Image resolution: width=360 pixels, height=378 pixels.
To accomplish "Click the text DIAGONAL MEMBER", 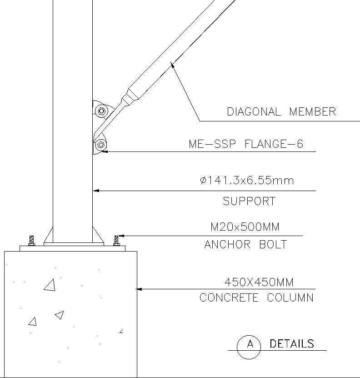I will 281,111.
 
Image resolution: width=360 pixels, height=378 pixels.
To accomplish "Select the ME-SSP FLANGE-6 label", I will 246,144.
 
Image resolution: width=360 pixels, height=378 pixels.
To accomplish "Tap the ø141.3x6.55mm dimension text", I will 247,181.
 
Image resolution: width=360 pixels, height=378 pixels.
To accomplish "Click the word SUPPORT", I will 249,201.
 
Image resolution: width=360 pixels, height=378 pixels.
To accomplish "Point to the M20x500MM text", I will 245,227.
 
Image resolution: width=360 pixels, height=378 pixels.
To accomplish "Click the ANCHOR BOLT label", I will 245,244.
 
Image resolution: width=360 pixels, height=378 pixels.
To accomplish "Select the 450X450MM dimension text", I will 259,282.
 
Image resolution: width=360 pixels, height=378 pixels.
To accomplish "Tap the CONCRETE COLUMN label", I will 256,298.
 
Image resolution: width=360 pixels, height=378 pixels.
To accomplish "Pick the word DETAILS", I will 292,343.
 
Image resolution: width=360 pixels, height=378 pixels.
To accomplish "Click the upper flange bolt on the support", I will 101,111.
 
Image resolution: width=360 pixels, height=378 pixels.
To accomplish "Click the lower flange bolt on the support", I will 100,145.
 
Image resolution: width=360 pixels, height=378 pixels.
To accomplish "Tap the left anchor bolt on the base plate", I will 31,241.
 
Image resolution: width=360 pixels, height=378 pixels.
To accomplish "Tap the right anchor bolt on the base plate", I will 116,240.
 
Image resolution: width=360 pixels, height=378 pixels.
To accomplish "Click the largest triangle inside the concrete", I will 50,285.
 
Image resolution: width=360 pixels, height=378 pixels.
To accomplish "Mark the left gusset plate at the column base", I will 48,236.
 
